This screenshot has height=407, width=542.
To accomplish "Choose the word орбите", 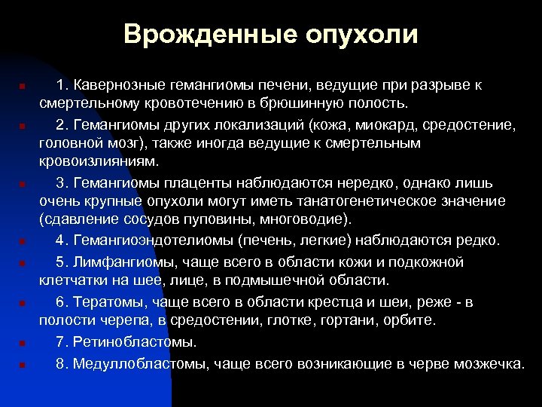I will (409, 321).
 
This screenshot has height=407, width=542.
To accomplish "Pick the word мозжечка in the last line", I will (491, 363).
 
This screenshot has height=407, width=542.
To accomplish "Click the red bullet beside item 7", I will (23, 344).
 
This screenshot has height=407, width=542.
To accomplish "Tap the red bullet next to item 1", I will (23, 86).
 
